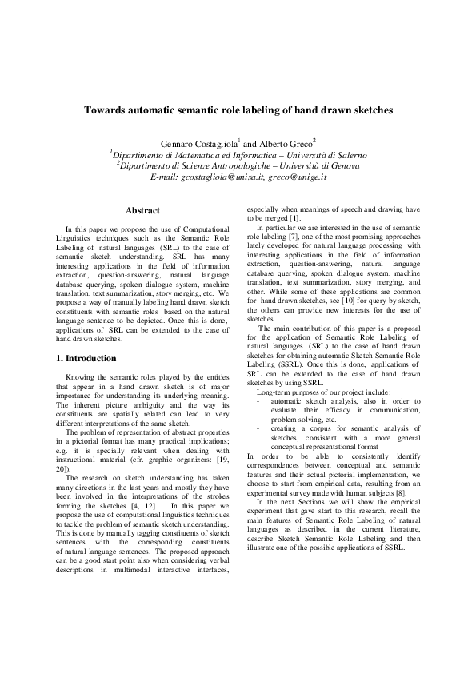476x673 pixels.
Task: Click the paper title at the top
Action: click(x=238, y=110)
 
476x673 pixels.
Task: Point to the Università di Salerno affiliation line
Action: click(x=238, y=153)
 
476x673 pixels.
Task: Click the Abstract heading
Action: click(x=146, y=211)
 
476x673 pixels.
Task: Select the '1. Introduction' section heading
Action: click(x=90, y=359)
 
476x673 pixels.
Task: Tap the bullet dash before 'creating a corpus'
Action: click(x=258, y=429)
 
